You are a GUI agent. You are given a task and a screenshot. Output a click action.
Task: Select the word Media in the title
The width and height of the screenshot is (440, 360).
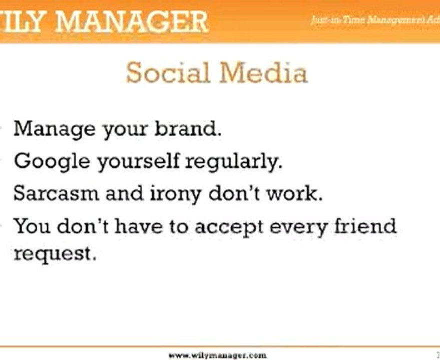click(263, 73)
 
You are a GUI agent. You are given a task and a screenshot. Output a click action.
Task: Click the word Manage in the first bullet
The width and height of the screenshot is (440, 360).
click(54, 129)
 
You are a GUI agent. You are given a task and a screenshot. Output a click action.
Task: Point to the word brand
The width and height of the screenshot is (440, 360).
click(187, 129)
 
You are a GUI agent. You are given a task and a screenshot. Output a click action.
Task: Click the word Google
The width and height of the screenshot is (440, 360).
click(52, 161)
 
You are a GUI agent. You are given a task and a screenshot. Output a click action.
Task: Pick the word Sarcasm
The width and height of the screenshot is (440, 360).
click(56, 193)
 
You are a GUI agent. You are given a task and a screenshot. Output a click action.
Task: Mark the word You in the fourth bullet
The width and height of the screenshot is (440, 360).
click(32, 226)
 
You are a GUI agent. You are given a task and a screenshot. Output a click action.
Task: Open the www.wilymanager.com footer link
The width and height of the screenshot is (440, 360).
click(217, 355)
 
